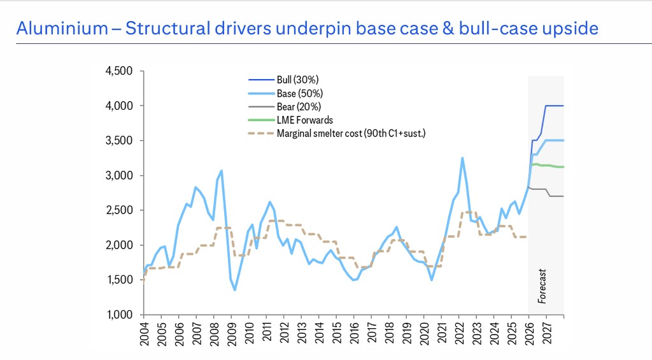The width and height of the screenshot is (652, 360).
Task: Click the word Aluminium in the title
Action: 53,29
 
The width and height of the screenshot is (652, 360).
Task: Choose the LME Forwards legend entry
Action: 304,120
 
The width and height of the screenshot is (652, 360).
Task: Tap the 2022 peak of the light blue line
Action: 462,157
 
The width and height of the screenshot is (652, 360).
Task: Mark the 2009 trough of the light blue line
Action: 235,290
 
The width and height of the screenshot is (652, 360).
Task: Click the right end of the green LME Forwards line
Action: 563,167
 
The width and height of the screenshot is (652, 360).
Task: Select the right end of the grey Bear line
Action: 563,196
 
